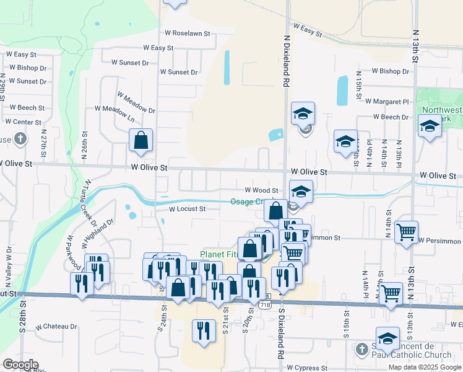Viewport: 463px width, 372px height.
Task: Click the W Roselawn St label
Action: click(188, 33)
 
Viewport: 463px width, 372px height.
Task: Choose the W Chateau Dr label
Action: click(56, 326)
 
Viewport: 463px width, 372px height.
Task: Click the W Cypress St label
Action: click(306, 368)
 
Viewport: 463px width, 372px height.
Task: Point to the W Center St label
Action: click(23, 123)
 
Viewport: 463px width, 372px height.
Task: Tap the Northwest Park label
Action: click(441, 115)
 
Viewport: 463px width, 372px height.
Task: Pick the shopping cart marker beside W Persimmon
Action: click(406, 232)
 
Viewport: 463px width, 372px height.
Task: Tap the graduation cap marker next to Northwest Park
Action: click(430, 127)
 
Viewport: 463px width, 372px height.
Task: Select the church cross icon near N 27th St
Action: click(20, 138)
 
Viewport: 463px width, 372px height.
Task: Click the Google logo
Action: click(20, 365)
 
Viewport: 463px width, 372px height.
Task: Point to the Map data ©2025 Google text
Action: click(424, 367)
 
